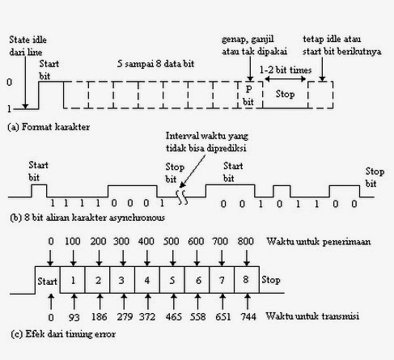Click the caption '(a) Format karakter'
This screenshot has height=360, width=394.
[49, 127]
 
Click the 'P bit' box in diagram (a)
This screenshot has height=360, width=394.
[249, 96]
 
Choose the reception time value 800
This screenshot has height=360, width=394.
[245, 243]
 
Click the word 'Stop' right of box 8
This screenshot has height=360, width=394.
[269, 282]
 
